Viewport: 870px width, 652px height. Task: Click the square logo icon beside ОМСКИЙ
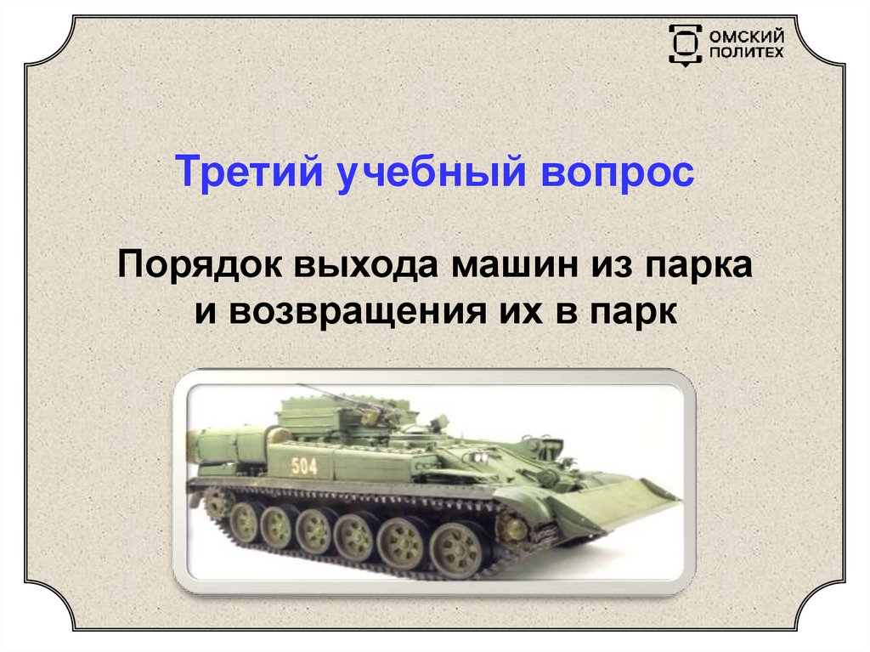685,44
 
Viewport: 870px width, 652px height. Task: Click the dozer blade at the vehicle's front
624,510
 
